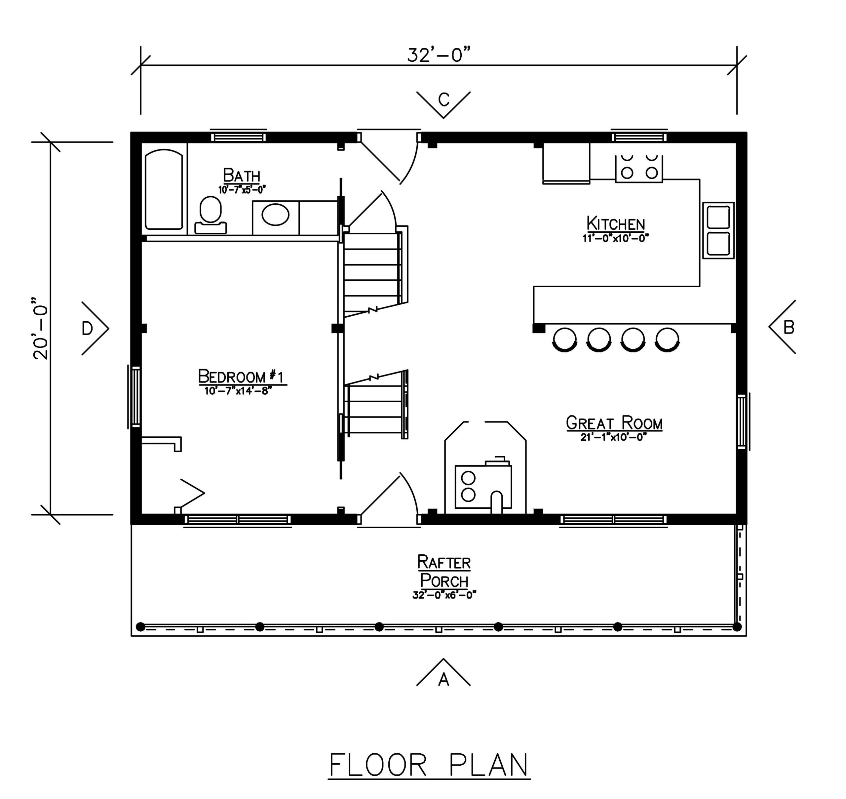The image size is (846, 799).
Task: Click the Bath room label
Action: (242, 176)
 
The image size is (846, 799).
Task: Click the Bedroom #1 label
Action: (241, 377)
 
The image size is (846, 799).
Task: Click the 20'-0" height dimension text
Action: (41, 328)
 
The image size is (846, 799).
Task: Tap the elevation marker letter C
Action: (443, 100)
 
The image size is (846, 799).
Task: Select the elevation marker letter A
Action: (443, 680)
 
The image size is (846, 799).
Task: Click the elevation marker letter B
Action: (789, 328)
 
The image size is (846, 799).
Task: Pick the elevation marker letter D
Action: (87, 328)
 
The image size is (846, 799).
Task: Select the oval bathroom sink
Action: (276, 214)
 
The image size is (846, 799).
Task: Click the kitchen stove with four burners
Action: (639, 169)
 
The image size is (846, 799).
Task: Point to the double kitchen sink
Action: (718, 230)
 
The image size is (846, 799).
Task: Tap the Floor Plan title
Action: (429, 765)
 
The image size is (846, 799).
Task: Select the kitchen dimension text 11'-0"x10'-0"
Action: (616, 238)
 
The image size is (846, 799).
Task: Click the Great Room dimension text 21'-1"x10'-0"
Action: (614, 437)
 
